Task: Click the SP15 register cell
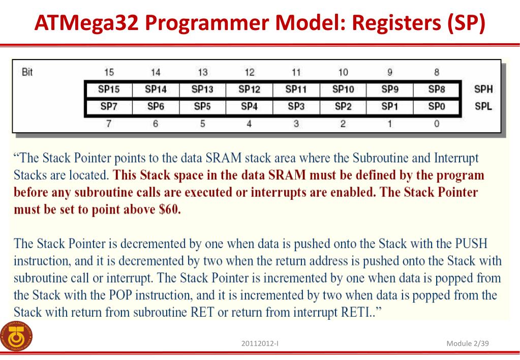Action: click(108, 89)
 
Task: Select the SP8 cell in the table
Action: click(437, 89)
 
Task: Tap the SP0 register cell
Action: click(437, 106)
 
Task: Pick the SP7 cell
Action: click(108, 106)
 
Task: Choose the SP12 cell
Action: click(249, 89)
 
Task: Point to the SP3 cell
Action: click(296, 106)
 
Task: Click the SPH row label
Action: click(483, 89)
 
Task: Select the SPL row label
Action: click(483, 107)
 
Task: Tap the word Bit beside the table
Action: click(27, 72)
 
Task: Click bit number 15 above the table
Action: click(108, 73)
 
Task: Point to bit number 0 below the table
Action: click(437, 124)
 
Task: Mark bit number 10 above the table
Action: click(343, 73)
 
